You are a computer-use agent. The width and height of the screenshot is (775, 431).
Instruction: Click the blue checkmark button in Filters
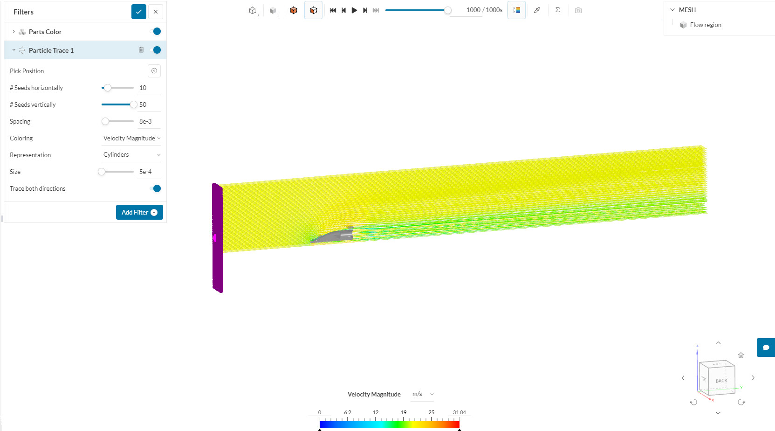[139, 12]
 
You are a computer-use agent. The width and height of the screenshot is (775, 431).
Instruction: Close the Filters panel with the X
[156, 12]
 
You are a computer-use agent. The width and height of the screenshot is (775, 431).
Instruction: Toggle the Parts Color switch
[156, 31]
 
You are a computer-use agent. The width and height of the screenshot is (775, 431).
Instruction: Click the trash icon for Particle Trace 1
[141, 50]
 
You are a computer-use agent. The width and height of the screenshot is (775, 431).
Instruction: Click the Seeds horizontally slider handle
[108, 88]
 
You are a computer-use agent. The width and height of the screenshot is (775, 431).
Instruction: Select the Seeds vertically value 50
[143, 104]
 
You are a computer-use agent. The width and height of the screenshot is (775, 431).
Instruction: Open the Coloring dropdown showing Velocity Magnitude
[131, 138]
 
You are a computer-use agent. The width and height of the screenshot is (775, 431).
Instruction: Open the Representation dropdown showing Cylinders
[131, 155]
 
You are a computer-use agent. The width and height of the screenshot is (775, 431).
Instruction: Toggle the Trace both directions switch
[156, 188]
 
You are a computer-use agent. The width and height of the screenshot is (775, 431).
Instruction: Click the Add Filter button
[139, 212]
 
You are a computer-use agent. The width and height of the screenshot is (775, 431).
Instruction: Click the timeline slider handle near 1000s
[447, 10]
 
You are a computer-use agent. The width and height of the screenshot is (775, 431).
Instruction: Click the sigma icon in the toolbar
[557, 10]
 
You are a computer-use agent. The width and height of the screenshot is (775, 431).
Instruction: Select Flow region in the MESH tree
[705, 25]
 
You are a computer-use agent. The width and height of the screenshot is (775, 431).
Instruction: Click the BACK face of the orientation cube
[721, 381]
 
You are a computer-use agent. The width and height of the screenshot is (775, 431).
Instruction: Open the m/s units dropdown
[422, 394]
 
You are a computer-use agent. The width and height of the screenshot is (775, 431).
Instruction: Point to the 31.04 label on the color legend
[459, 412]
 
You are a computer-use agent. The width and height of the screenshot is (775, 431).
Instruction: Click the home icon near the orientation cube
[741, 355]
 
